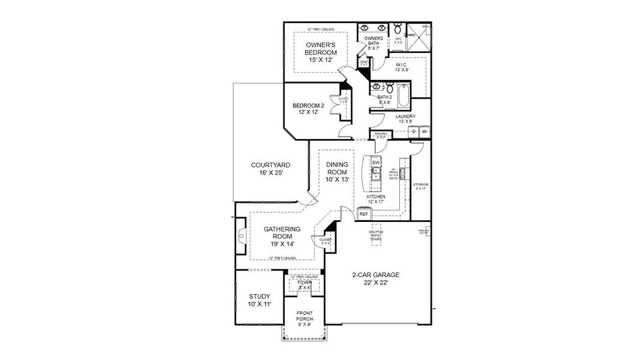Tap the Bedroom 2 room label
(308, 109)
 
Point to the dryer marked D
(414, 131)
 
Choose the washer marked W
(425, 131)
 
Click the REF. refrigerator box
(363, 214)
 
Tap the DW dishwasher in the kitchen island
(376, 163)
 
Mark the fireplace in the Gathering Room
(240, 236)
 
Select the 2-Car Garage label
(375, 278)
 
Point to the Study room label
(260, 300)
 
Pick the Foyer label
(305, 284)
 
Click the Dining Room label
(337, 172)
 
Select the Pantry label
(380, 135)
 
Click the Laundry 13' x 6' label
(406, 119)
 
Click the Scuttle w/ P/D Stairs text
(377, 235)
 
